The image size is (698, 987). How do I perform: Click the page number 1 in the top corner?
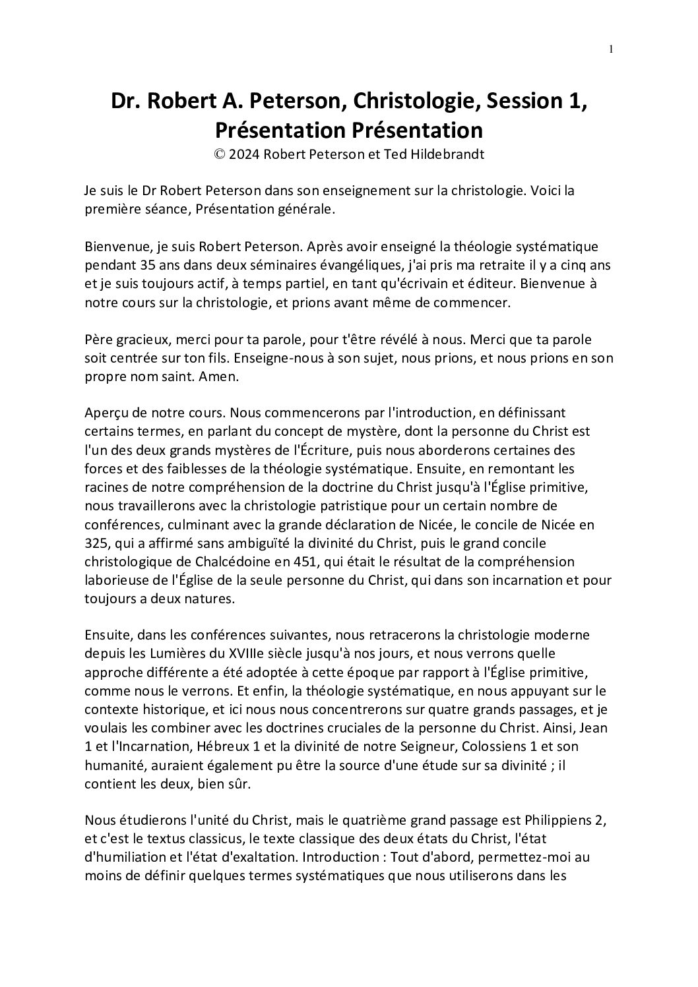pyautogui.click(x=611, y=48)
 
